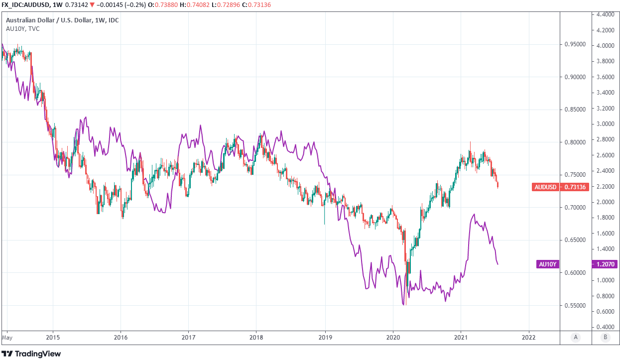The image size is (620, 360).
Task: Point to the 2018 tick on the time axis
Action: (x=256, y=337)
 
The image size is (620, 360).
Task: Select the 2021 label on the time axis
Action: (x=461, y=337)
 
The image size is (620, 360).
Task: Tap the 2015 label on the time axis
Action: (x=52, y=337)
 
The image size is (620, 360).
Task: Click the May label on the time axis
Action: (x=7, y=337)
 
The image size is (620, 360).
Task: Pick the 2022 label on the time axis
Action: (x=528, y=337)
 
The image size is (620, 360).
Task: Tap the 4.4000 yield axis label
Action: (x=605, y=14)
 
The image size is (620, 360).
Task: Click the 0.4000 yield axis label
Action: (x=605, y=327)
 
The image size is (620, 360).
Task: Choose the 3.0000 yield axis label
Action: (x=605, y=124)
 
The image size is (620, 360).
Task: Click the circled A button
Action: (x=575, y=337)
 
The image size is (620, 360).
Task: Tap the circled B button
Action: (x=605, y=337)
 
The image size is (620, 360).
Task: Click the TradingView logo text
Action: (x=37, y=354)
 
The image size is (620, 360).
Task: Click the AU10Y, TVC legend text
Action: (x=22, y=28)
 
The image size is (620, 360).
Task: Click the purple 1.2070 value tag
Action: (x=605, y=264)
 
